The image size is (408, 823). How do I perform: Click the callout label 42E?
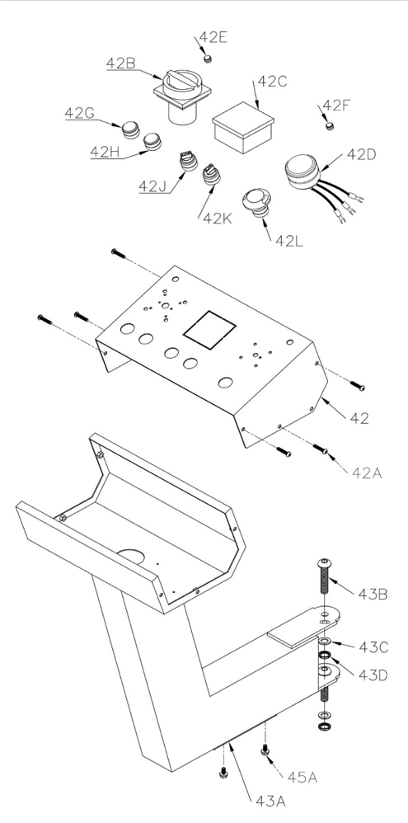pos(213,38)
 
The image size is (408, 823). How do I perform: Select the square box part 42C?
pos(243,128)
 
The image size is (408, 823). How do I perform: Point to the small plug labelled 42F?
pos(330,125)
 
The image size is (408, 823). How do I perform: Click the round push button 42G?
pos(131,129)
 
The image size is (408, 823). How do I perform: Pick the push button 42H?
pos(152,141)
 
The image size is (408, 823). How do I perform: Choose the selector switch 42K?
pos(211,174)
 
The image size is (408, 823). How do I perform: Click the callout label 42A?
pos(367,473)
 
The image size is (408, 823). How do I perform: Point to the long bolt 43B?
pos(324,581)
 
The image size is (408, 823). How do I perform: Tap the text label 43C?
pos(373,647)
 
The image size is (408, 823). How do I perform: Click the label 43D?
pos(373,675)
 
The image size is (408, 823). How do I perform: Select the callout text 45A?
pos(302,777)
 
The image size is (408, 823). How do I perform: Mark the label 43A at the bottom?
pos(270,802)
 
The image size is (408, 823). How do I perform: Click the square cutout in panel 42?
pos(209,330)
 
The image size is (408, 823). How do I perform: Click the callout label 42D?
pos(362,155)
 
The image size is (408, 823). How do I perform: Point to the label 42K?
pos(218,219)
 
